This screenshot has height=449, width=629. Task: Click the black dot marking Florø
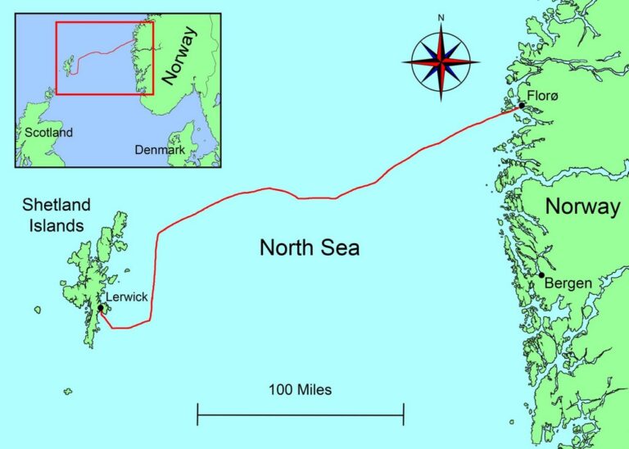521,106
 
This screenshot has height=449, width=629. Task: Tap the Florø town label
542,98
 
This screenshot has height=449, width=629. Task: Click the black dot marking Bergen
541,275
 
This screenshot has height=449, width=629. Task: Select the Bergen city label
568,283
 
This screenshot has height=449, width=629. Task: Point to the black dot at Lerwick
100,309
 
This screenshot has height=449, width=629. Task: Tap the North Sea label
310,247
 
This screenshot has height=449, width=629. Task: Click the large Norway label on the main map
582,206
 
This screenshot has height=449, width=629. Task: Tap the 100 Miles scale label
300,390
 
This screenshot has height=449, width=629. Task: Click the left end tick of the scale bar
198,415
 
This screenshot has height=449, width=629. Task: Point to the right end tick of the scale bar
403,415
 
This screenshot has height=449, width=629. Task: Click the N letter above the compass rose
441,17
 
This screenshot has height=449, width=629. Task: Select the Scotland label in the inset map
48,133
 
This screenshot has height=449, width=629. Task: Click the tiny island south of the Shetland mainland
68,392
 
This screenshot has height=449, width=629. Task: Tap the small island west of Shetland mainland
37,310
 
